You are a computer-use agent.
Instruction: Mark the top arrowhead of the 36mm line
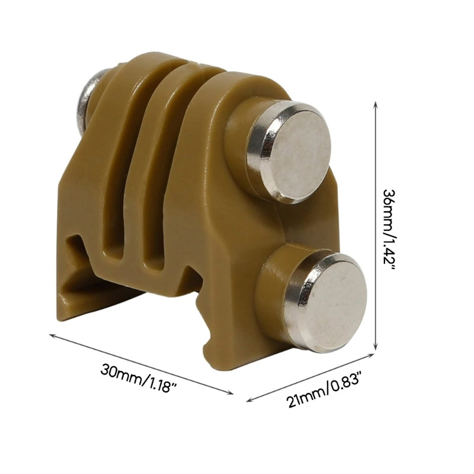pos(376,104)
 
